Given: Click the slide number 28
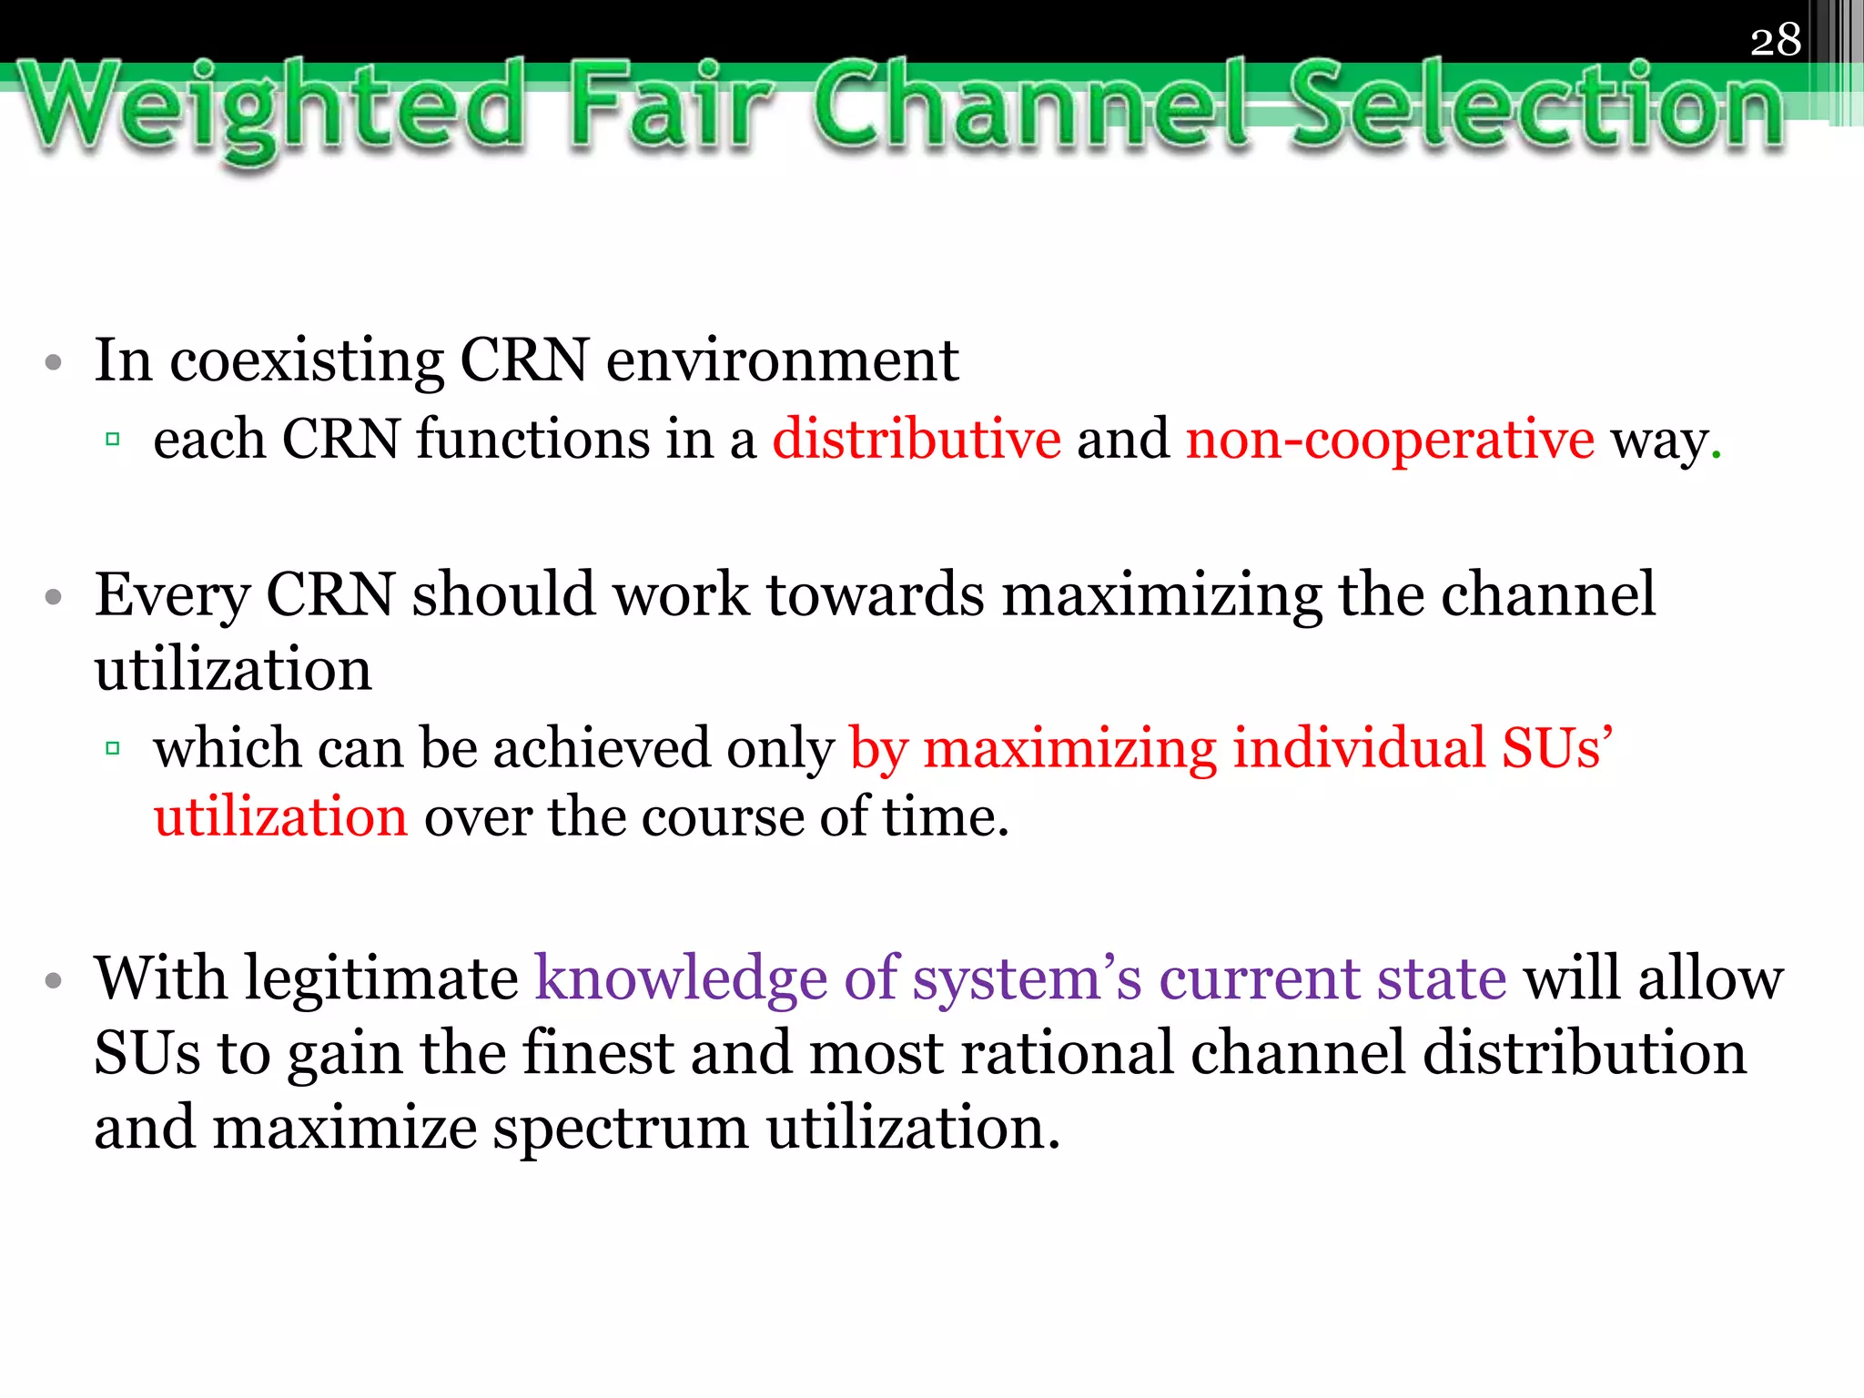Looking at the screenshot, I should pos(1775,40).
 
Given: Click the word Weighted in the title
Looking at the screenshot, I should pos(273,107).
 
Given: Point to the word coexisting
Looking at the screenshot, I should pos(307,361).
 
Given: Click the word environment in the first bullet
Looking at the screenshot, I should pos(782,361).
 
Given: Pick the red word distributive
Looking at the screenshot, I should pos(917,440).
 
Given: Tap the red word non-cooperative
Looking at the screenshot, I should pos(1390,440).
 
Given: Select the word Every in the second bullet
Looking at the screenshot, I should pos(172,596).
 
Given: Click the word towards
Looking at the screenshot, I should pos(876,596).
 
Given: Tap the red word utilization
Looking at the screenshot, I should pos(280,816).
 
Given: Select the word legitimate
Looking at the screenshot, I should pos(382,980).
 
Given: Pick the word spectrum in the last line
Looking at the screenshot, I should pos(620,1129).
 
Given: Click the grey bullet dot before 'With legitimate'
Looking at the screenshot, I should pos(54,981).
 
